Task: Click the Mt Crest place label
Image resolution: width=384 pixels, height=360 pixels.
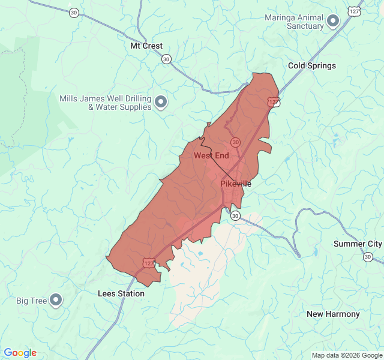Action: click(x=146, y=46)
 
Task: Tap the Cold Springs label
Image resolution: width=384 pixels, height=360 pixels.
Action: click(x=312, y=65)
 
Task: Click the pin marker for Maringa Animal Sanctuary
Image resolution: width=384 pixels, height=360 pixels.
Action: click(x=333, y=22)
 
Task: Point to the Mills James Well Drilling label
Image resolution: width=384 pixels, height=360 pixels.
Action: click(x=105, y=103)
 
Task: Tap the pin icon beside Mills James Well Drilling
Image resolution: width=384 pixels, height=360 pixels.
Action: click(x=161, y=103)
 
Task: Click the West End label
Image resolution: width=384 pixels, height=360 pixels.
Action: click(x=211, y=155)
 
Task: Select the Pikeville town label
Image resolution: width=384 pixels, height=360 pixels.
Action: click(x=236, y=184)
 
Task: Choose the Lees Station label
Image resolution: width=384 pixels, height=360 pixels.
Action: click(x=121, y=293)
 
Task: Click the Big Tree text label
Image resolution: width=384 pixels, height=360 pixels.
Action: click(x=31, y=301)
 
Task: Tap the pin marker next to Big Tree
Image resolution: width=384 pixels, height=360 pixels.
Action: click(x=56, y=299)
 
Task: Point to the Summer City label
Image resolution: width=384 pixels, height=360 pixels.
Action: click(x=358, y=244)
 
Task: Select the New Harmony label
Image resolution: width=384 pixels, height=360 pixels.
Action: click(x=333, y=314)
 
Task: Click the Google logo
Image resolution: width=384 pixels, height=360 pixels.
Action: click(x=20, y=353)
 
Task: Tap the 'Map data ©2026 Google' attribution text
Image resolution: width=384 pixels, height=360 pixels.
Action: click(x=346, y=355)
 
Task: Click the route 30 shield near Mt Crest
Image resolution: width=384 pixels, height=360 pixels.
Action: click(x=166, y=59)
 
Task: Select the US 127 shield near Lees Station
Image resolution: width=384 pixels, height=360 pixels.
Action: click(x=148, y=263)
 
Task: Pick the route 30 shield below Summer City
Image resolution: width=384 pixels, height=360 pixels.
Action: click(x=367, y=257)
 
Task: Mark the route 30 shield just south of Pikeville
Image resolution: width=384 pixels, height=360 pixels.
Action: click(x=236, y=215)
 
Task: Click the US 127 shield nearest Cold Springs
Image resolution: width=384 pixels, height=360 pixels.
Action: click(x=273, y=102)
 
